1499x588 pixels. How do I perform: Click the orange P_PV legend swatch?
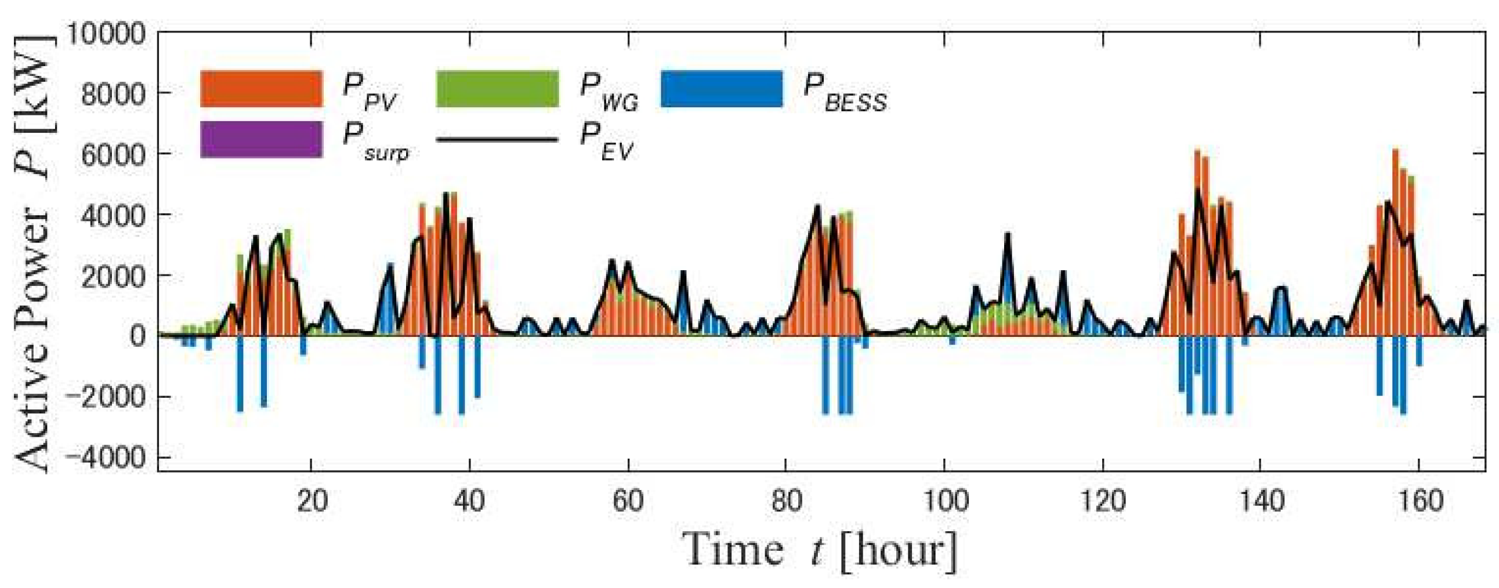click(x=261, y=89)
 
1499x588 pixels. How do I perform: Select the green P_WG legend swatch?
click(x=497, y=89)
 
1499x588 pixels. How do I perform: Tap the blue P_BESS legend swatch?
click(x=722, y=89)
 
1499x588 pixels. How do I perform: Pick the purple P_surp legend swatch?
click(x=261, y=139)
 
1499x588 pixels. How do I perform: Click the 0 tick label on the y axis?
click(x=137, y=336)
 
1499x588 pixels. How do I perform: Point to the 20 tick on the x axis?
click(x=312, y=502)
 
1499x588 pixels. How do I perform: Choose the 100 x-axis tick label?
click(x=945, y=502)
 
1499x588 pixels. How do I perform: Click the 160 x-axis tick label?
click(x=1420, y=502)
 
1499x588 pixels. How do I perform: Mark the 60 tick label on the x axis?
click(x=628, y=502)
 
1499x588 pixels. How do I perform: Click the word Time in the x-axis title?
click(x=734, y=550)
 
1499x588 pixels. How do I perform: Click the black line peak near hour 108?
click(x=1007, y=234)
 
